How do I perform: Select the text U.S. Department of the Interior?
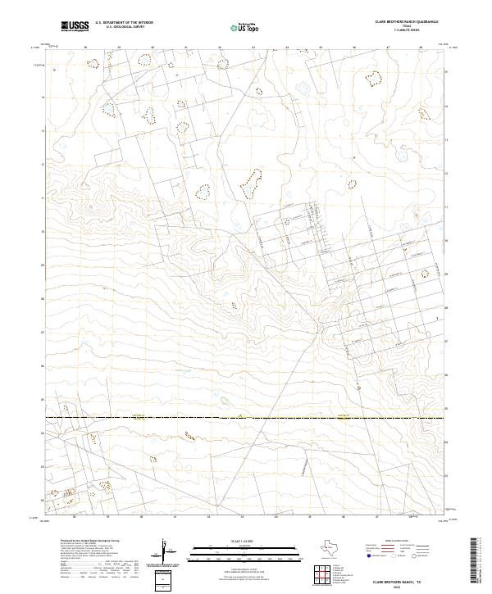pos(124,22)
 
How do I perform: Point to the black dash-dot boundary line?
pos(246,419)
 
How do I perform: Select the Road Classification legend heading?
pos(402,542)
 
